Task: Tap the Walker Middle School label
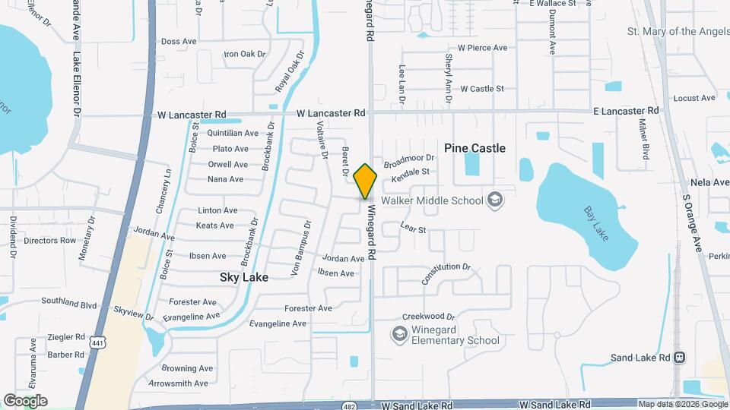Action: [432, 200]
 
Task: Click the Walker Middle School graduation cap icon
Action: [495, 200]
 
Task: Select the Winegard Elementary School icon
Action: [398, 334]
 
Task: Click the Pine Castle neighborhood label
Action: [474, 148]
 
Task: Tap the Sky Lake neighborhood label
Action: [243, 278]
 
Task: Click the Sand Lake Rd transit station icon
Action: [681, 358]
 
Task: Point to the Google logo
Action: [25, 401]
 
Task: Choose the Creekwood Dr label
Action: [428, 316]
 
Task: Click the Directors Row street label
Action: [50, 241]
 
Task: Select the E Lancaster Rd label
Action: [626, 111]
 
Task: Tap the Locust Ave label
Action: [694, 98]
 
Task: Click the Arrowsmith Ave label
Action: [178, 383]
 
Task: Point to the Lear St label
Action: [413, 228]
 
